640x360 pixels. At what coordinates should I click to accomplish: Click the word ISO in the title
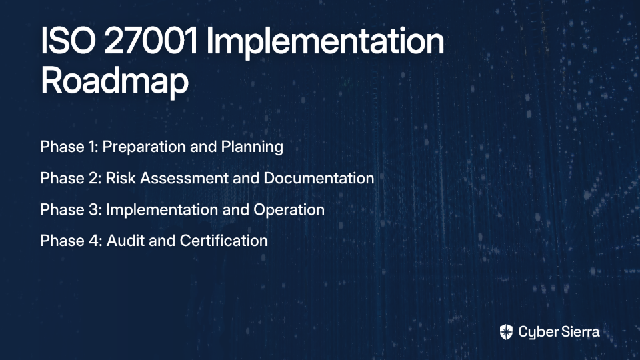[x=68, y=41]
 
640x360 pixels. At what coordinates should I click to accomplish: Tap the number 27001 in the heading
[x=151, y=41]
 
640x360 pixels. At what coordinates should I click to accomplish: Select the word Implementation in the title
[x=325, y=43]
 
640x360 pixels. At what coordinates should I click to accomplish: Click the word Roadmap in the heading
[x=115, y=81]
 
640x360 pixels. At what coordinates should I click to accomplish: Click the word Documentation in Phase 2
[x=319, y=179]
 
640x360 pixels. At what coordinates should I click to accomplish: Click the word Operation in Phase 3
[x=289, y=210]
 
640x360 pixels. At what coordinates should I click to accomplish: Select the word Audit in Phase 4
[x=125, y=241]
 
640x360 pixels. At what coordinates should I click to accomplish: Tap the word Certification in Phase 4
[x=224, y=241]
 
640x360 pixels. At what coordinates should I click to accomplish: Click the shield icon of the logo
[x=506, y=332]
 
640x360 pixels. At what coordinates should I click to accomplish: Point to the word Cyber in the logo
[x=536, y=333]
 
